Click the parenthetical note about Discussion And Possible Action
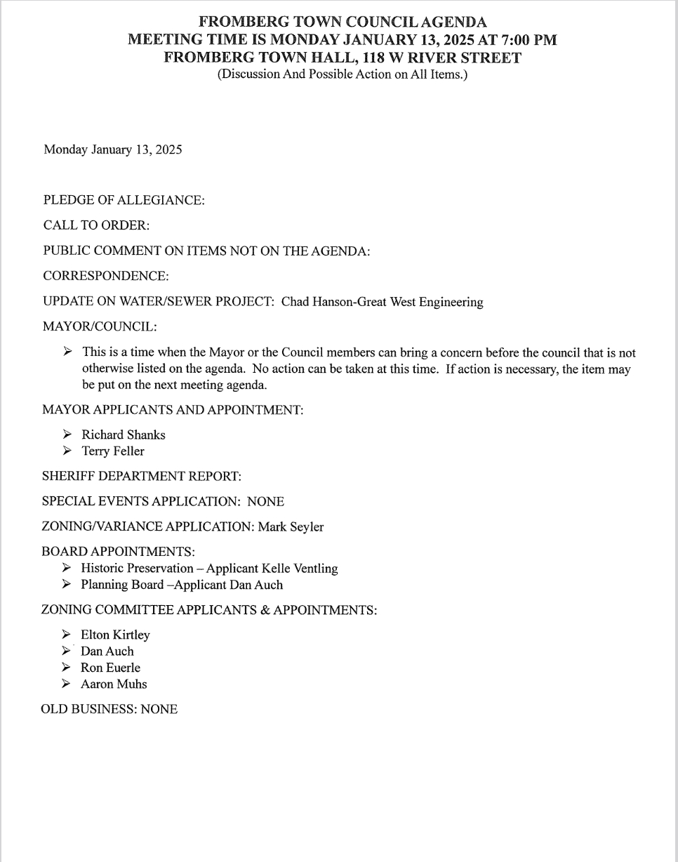pyautogui.click(x=342, y=74)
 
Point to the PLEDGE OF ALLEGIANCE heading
pyautogui.click(x=124, y=200)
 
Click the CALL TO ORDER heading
pyautogui.click(x=97, y=225)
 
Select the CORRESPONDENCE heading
pyautogui.click(x=106, y=276)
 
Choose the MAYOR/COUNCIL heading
pyautogui.click(x=100, y=326)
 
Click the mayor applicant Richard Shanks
pyautogui.click(x=124, y=435)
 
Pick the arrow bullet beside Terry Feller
pyautogui.click(x=67, y=451)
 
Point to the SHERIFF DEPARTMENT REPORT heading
pyautogui.click(x=142, y=476)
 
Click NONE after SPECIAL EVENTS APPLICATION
pyautogui.click(x=265, y=501)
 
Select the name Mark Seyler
pyautogui.click(x=291, y=526)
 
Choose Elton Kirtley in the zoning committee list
pyautogui.click(x=115, y=635)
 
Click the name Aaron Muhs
pyautogui.click(x=114, y=684)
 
